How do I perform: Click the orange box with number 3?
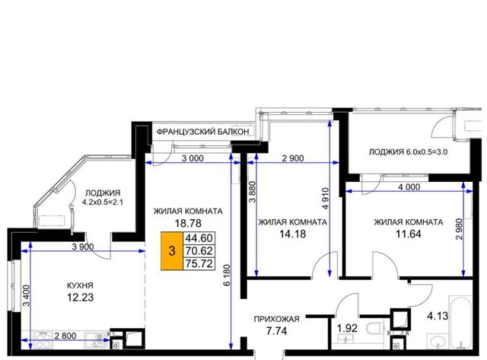(x=172, y=250)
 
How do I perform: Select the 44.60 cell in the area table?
(x=199, y=238)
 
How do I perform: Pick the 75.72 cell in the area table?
(x=199, y=263)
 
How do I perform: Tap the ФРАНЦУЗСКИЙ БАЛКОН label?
(x=202, y=132)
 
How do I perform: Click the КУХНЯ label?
(x=80, y=285)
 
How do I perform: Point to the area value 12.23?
(x=80, y=298)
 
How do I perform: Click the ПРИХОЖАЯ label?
(x=276, y=319)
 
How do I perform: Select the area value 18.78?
(x=188, y=223)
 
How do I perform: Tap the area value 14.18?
(x=292, y=234)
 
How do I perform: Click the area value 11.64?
(x=408, y=234)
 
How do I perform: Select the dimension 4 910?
(x=325, y=199)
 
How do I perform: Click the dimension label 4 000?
(x=409, y=187)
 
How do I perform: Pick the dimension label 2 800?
(x=65, y=336)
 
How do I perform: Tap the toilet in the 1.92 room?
(x=374, y=329)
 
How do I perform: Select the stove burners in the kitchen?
(x=43, y=339)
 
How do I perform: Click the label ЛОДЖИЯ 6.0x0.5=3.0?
(x=408, y=152)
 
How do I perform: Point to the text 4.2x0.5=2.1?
(x=103, y=202)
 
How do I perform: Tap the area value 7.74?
(x=276, y=331)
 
